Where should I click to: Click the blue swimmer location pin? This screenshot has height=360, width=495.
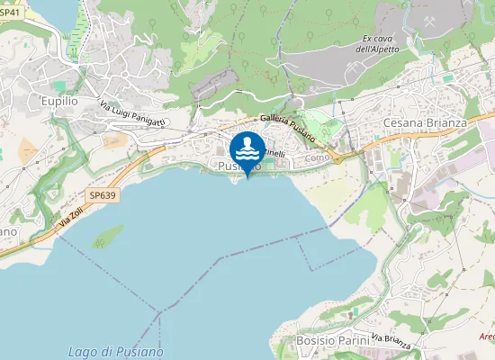tap(247, 149)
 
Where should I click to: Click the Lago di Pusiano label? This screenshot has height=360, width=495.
tap(116, 350)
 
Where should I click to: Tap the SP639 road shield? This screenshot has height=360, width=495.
tap(103, 194)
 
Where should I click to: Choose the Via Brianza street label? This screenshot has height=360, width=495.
tap(391, 340)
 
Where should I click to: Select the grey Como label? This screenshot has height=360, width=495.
tap(318, 157)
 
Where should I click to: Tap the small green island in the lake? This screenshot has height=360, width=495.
tap(108, 236)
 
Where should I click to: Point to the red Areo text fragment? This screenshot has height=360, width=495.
tap(486, 337)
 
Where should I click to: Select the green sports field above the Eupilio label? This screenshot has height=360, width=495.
tap(59, 85)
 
